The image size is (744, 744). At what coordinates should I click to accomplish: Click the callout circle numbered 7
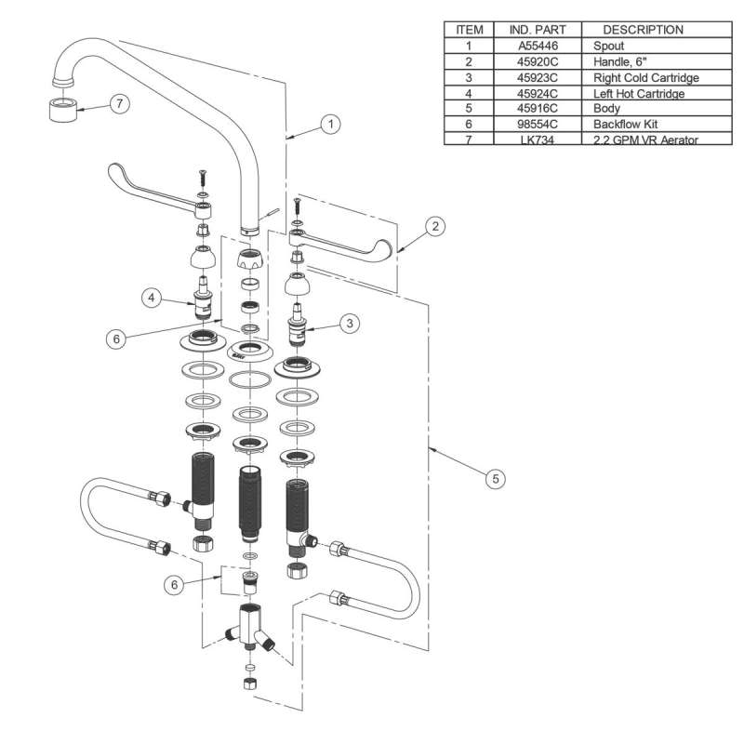118,104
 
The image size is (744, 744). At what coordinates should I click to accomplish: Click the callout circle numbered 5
496,478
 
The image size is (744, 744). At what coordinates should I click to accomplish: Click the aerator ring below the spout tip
61,111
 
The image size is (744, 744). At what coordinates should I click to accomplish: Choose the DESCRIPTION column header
643,29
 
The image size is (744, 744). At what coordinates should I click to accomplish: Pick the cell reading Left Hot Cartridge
638,92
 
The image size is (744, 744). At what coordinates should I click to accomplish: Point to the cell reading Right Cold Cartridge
644,76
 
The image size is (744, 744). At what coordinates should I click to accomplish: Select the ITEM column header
470,29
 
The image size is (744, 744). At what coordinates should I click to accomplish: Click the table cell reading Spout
608,45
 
